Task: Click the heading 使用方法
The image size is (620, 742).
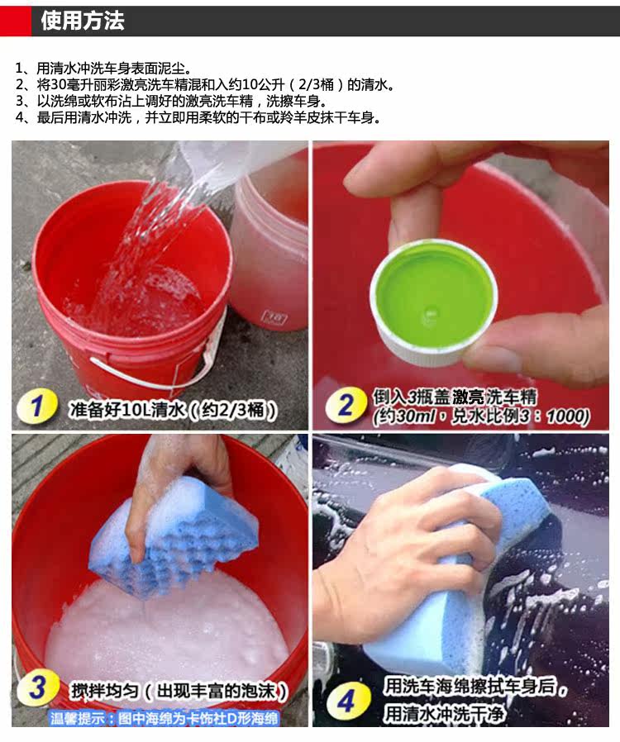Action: pyautogui.click(x=83, y=21)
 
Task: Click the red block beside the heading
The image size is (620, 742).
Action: pyautogui.click(x=16, y=21)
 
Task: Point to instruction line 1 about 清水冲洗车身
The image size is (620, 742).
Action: pyautogui.click(x=103, y=69)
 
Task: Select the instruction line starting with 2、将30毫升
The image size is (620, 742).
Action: pyautogui.click(x=205, y=85)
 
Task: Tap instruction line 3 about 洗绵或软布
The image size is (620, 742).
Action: pyautogui.click(x=171, y=101)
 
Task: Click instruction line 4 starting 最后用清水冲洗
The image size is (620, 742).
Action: pyautogui.click(x=198, y=117)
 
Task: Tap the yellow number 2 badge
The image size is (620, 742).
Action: pyautogui.click(x=346, y=406)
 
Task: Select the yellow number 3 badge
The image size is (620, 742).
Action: pyautogui.click(x=38, y=687)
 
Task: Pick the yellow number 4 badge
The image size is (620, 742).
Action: pyautogui.click(x=348, y=701)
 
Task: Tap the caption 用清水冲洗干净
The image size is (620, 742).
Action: pyautogui.click(x=444, y=714)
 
